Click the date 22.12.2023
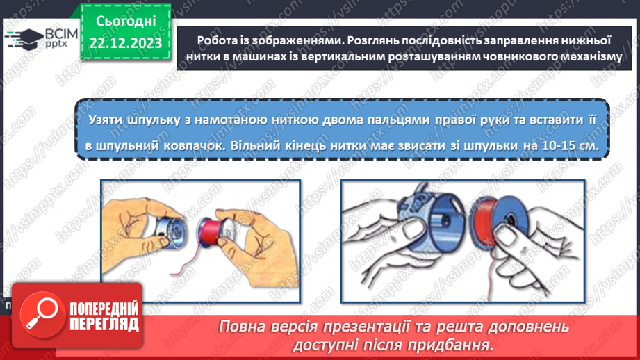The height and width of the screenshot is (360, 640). tap(126, 42)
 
